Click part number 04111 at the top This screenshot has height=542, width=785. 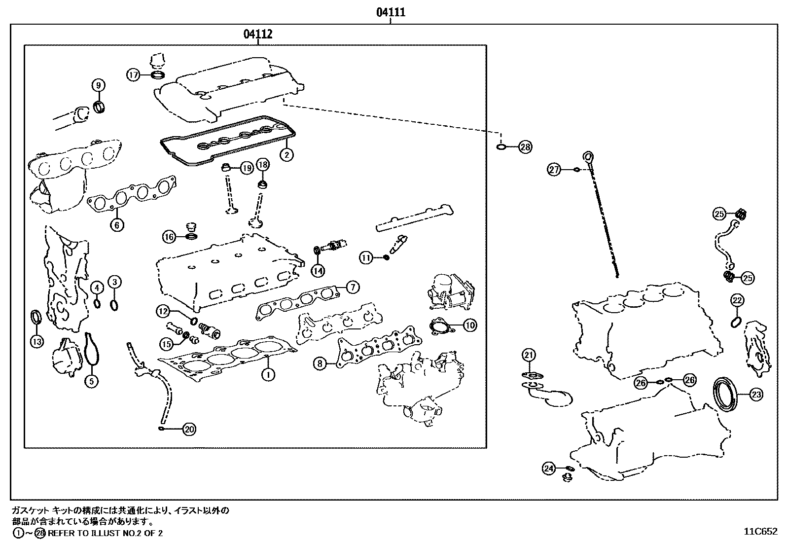click(391, 12)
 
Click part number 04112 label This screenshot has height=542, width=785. click(258, 34)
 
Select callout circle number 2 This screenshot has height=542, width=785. click(286, 154)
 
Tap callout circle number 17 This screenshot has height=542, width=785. click(134, 75)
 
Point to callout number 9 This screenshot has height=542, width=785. click(98, 85)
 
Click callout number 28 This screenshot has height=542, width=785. click(526, 147)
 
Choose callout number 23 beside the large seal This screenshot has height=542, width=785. click(756, 394)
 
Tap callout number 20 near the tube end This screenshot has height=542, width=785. click(189, 430)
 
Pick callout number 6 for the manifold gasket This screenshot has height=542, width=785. click(117, 225)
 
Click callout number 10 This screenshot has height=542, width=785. click(470, 325)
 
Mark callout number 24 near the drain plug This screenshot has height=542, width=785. click(549, 469)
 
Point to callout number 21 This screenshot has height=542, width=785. click(529, 355)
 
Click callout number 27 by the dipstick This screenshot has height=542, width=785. click(555, 170)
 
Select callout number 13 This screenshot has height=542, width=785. click(36, 341)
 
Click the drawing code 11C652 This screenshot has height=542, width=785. click(761, 532)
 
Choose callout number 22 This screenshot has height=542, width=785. click(737, 300)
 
